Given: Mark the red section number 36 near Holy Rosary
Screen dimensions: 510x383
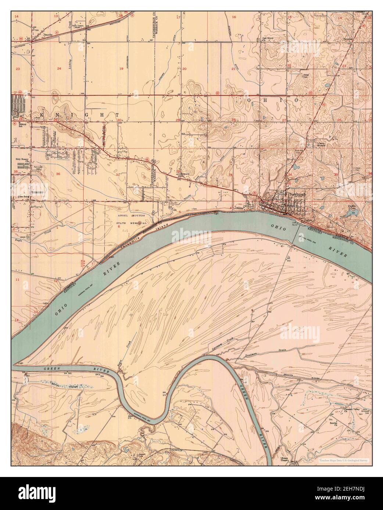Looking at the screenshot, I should (x=58, y=173).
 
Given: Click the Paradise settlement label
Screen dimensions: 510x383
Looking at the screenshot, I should (x=348, y=38).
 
